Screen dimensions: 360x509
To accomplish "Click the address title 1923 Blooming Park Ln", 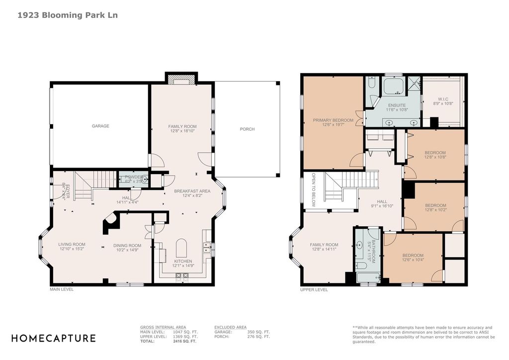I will coord(68,15).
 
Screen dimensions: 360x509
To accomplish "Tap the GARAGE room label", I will coord(100,126).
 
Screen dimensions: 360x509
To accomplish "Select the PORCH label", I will coord(247,129).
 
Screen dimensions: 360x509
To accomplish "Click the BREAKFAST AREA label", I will coord(192,191).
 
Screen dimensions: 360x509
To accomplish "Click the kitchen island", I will coord(182,249).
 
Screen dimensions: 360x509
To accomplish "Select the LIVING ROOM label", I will coord(72,244).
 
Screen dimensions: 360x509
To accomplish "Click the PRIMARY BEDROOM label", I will coord(333,120).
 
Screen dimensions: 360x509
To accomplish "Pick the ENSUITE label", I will coord(397,105).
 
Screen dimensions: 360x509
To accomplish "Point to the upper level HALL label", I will coord(382,201).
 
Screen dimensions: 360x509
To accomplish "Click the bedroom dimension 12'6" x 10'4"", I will coord(413,260).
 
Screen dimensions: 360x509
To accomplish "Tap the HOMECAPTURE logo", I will coord(53,338).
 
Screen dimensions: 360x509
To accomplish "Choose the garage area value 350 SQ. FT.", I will coord(258,332).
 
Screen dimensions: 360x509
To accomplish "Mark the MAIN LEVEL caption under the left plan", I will coord(62,289).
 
